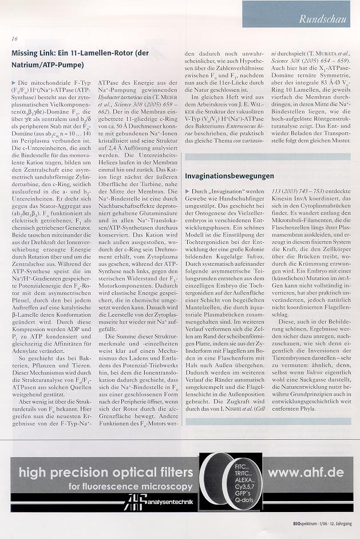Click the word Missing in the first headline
26,53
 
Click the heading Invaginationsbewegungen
229,175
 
